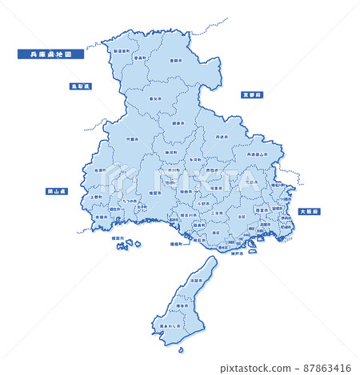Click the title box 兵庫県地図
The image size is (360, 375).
45,54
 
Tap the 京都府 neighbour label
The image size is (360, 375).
253,94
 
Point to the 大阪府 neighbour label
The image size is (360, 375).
309,211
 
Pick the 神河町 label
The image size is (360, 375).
171,152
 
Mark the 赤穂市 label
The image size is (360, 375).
101,217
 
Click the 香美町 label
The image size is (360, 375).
141,58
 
